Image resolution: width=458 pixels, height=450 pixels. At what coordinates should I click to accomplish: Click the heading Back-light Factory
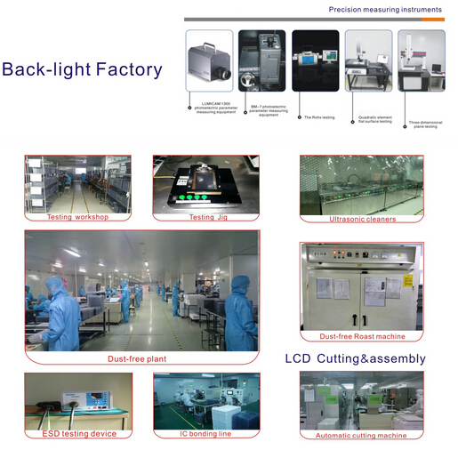(x=82, y=70)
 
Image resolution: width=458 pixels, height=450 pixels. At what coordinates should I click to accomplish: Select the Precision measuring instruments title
(x=385, y=9)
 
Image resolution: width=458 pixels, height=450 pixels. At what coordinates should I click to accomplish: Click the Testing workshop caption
(x=78, y=217)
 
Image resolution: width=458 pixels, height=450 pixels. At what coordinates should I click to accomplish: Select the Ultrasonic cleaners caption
(x=362, y=219)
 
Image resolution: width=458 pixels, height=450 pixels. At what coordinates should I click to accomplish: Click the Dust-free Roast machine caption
(x=362, y=336)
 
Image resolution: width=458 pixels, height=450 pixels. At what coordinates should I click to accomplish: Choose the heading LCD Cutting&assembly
(x=355, y=359)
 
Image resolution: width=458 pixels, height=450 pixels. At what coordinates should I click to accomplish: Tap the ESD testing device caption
(x=79, y=434)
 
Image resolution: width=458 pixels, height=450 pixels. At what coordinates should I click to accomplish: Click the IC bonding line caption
(x=205, y=434)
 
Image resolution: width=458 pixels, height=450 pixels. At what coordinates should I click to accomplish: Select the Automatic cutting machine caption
(x=361, y=436)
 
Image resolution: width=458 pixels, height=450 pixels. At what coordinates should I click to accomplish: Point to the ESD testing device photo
(x=78, y=400)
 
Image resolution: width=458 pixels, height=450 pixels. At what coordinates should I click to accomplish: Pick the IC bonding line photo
(x=206, y=400)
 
